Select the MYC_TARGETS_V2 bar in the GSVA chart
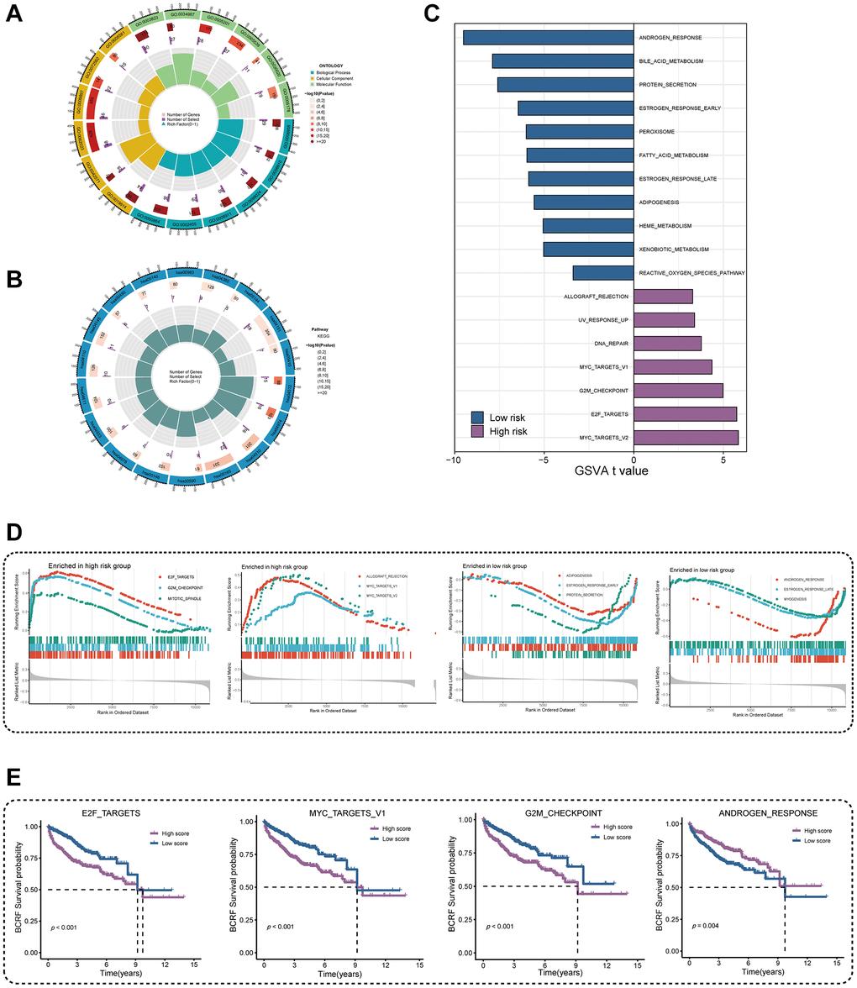(x=686, y=438)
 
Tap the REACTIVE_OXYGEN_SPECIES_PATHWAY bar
(x=602, y=273)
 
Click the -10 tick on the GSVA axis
(x=455, y=460)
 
